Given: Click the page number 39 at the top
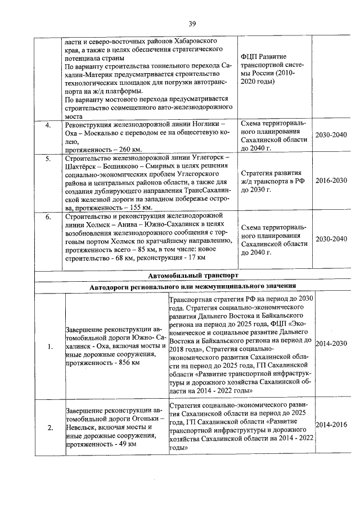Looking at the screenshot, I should tap(191, 23).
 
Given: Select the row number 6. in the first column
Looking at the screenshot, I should tap(48, 217).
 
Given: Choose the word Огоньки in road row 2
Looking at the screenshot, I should tap(142, 419).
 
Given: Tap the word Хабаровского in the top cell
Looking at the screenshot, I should tap(193, 41).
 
